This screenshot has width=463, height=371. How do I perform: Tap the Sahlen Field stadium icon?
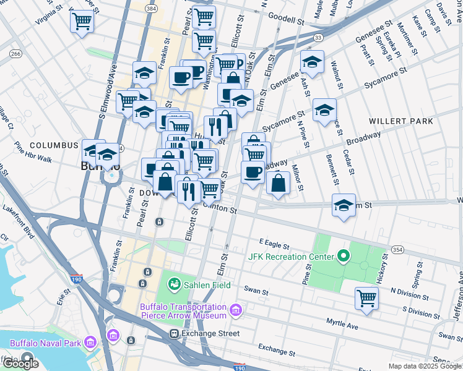coord(175,284)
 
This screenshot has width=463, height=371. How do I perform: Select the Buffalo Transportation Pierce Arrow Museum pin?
coord(235,310)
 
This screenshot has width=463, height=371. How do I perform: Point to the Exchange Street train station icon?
coord(175,333)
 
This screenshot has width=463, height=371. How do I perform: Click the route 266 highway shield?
coord(15,54)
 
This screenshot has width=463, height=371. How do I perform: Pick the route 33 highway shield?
coord(318,38)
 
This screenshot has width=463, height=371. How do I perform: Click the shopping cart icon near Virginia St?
coord(82,22)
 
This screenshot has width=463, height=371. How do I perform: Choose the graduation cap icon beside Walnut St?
coord(324,110)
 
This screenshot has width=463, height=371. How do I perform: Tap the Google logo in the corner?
coord(21,364)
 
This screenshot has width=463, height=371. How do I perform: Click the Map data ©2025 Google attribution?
coord(425,366)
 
